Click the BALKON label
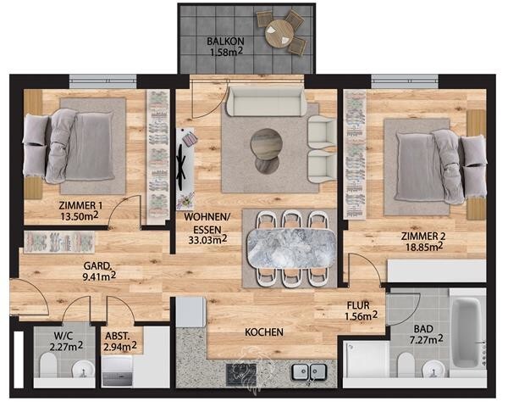click(225, 42)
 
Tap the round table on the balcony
click(279, 33)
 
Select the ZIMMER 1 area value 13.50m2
click(80, 216)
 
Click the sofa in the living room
click(267, 101)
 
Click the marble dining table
click(291, 248)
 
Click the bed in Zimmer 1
click(69, 147)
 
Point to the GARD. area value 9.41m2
click(99, 276)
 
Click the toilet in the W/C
click(48, 365)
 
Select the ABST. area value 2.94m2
click(120, 347)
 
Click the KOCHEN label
click(264, 332)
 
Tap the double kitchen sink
click(309, 371)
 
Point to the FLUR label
click(358, 305)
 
